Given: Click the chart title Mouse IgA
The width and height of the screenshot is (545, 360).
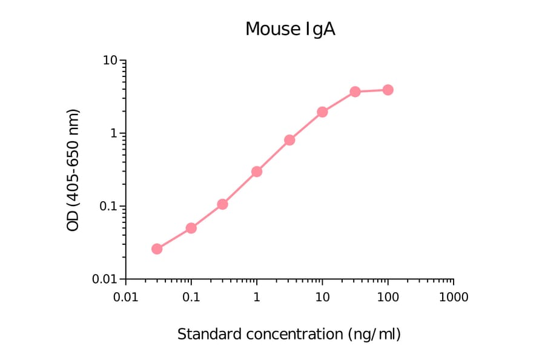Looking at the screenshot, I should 289,29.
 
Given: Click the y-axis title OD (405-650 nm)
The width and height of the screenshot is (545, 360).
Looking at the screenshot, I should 73,170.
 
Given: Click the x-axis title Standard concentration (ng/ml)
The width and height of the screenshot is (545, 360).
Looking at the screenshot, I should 289,334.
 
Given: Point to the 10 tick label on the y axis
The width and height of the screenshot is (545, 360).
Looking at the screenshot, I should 110,61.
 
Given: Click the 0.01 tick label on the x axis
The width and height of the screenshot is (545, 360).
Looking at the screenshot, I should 125,297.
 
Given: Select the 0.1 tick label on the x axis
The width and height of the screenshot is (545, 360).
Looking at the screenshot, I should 191,297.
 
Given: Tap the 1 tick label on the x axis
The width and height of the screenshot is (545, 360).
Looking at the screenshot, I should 257,297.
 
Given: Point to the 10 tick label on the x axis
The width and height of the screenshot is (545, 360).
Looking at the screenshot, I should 322,297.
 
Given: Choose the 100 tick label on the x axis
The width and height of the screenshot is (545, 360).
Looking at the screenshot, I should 388,297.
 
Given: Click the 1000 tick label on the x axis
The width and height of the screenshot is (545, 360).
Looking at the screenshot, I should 453,297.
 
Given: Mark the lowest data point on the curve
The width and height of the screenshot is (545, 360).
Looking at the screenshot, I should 157,248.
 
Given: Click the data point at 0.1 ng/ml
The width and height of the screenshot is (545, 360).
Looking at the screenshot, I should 191,228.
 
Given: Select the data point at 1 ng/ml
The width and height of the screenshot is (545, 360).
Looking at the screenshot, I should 257,172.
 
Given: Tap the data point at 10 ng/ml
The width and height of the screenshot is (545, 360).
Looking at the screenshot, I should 322,112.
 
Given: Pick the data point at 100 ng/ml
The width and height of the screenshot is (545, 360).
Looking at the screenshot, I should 388,90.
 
